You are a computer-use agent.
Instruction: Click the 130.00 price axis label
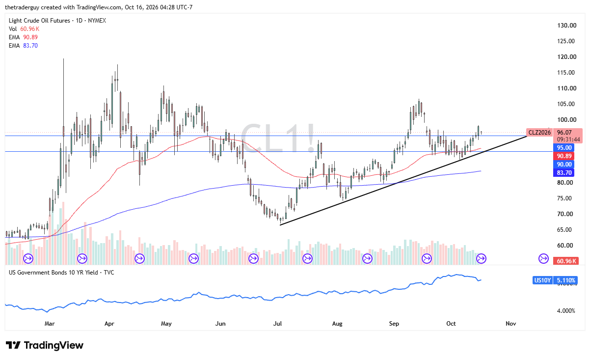coord(566,26)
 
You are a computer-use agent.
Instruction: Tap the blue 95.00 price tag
coord(564,147)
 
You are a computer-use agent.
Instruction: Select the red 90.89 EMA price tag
coord(564,156)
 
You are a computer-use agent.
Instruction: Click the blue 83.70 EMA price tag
coord(564,172)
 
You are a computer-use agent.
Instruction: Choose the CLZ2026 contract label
coord(539,132)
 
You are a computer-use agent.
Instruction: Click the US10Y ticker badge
coord(542,280)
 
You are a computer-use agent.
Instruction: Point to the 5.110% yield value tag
coord(565,280)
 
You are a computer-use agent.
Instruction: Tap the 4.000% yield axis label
coord(566,311)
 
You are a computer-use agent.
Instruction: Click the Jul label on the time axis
coord(277,323)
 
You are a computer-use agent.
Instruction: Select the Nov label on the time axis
coord(510,323)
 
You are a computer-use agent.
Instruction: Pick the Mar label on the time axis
coord(50,323)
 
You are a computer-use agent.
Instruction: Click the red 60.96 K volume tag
coord(566,261)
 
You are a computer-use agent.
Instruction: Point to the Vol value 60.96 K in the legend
coord(30,29)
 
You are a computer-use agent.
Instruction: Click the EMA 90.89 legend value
coord(30,37)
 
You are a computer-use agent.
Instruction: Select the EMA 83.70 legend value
coord(30,46)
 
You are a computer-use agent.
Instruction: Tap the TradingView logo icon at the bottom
coord(13,345)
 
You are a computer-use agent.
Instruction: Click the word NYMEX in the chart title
coord(97,21)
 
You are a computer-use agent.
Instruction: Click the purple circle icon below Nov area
coord(544,258)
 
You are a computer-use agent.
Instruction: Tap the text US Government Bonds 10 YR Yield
coord(54,273)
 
